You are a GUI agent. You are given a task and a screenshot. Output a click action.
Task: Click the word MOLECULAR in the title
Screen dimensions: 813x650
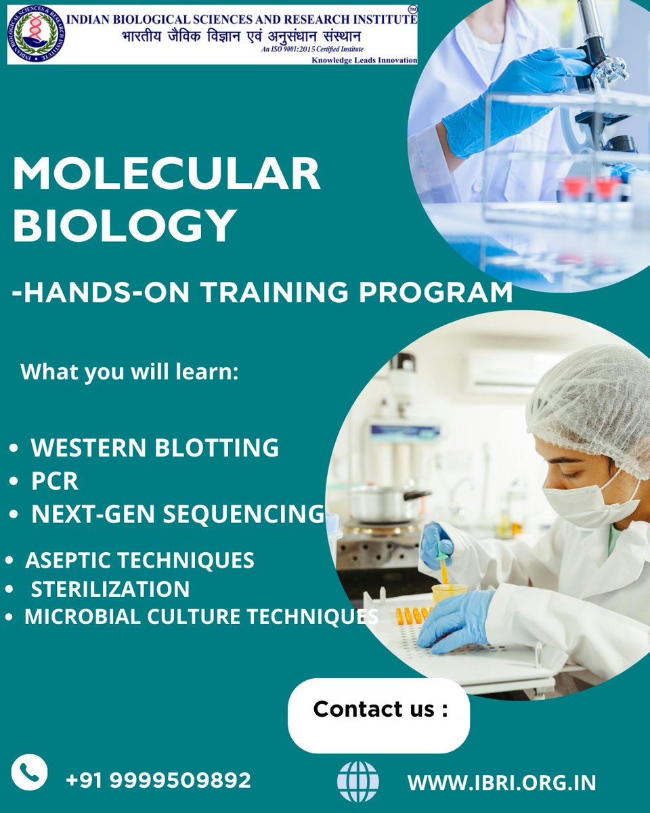coord(167,174)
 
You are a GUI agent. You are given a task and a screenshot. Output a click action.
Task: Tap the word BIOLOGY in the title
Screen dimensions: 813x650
coord(125,226)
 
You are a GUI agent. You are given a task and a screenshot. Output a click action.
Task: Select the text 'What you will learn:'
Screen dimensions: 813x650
coord(129,372)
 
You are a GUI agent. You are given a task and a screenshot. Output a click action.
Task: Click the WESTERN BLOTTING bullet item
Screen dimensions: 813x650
coord(154,447)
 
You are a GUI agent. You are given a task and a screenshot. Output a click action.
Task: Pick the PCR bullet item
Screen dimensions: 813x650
coord(55,482)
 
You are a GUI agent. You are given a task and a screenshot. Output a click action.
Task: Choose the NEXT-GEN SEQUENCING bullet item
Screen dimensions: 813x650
coord(177,514)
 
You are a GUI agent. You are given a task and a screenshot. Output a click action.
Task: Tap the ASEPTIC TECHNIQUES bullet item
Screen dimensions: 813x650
coord(139,560)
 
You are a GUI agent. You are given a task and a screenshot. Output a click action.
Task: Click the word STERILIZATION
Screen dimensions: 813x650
coord(110,589)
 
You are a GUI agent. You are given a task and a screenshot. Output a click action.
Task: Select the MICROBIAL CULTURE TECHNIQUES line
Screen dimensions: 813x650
coord(200,617)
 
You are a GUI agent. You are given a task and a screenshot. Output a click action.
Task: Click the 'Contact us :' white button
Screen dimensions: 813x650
coord(379,710)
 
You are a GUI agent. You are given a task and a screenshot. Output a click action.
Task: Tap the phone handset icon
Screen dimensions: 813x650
coord(29,773)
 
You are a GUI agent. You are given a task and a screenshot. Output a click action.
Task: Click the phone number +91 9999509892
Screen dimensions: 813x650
coord(158,780)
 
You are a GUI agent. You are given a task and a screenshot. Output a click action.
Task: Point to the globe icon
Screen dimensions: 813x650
coord(358,781)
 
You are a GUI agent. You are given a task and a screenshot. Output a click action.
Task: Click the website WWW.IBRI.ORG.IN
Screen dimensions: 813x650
coord(502,783)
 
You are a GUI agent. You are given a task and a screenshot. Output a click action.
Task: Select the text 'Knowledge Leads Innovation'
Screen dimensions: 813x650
coord(364,60)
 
